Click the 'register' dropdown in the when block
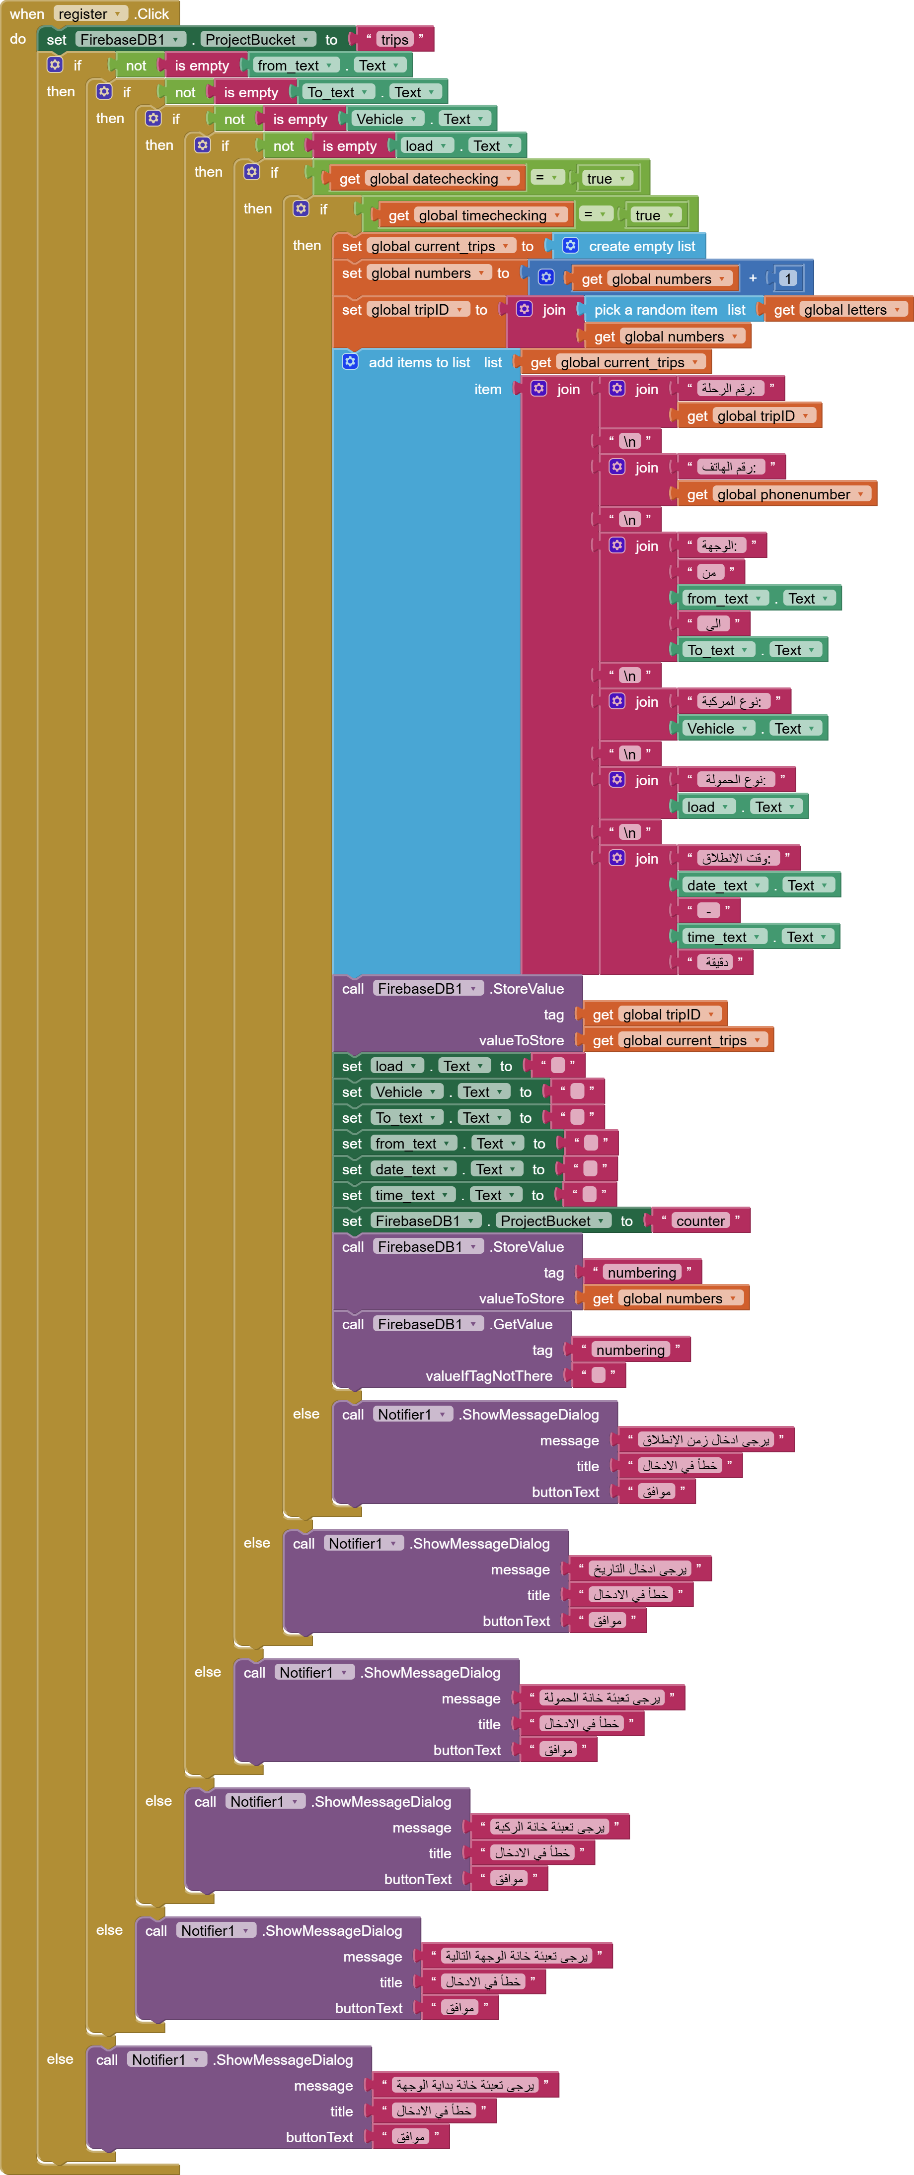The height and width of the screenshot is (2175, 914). [89, 13]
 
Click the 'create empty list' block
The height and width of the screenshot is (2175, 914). [640, 247]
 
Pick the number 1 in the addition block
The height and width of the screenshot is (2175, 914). [787, 278]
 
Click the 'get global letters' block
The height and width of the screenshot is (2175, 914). [837, 310]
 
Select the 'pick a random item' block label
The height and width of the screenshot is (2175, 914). [655, 310]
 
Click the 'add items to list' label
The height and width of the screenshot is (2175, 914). [419, 362]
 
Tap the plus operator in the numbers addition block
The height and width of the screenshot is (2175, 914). [753, 278]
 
